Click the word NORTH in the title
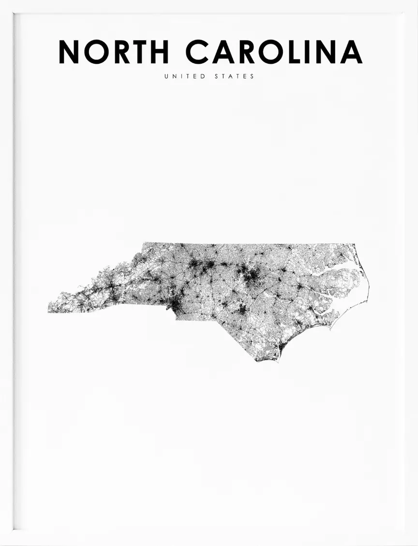pos(114,52)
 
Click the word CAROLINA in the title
pos(274,52)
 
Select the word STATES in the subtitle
pos(235,76)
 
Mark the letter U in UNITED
pos(166,76)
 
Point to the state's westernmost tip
pos(48,311)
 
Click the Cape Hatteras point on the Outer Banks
pos(367,301)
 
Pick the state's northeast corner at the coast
pos(355,244)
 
